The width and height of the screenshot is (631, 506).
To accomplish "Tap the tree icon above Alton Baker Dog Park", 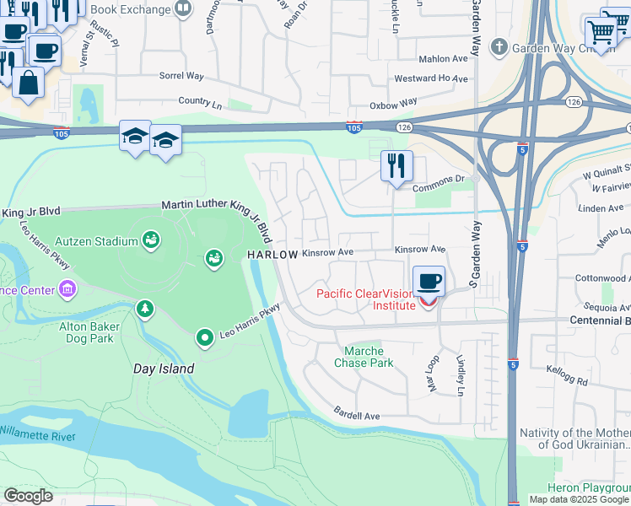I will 146,310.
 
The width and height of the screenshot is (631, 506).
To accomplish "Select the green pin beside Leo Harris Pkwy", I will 204,338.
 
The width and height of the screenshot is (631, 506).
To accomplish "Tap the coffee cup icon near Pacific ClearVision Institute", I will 429,282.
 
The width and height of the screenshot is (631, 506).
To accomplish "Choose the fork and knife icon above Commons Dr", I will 396,165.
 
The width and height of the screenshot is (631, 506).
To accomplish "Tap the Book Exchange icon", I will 183,8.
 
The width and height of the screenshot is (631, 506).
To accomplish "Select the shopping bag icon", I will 29,84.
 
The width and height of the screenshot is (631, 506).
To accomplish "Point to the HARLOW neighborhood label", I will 272,255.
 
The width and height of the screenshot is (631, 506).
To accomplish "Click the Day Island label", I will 164,369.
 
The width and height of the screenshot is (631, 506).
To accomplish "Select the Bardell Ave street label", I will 359,416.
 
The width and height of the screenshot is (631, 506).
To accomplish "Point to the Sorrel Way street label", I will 182,76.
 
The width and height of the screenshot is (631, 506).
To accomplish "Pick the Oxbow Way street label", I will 395,103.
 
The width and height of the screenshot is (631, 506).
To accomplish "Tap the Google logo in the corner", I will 29,496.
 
